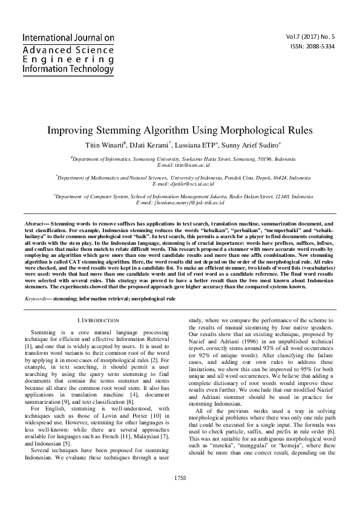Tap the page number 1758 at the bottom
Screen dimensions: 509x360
coord(180,494)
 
